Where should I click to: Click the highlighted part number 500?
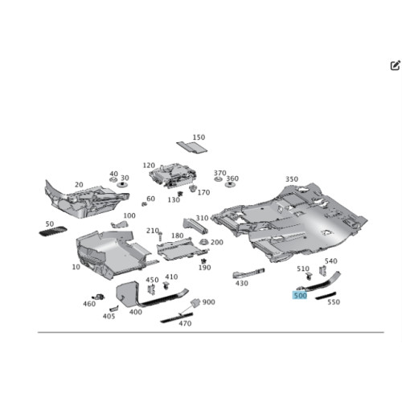pos(300,295)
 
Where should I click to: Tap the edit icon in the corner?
pos(395,65)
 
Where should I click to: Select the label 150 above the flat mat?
pos(199,137)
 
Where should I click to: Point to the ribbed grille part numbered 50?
pos(53,232)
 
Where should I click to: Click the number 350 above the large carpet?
pos(292,179)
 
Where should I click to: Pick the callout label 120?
pos(149,166)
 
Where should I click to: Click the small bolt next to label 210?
pos(160,236)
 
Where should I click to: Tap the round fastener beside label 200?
pos(204,242)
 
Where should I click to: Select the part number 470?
pos(185,323)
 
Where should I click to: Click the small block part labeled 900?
pos(195,302)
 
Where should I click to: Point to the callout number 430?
pos(242,283)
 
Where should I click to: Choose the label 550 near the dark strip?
pos(334,302)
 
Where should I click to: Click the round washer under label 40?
pos(113,179)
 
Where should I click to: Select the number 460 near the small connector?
pos(89,304)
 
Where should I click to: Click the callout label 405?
pos(109,316)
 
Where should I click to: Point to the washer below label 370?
pos(218,178)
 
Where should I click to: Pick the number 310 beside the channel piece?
pos(202,218)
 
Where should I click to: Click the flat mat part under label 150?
pos(192,147)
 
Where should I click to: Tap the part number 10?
pos(76,267)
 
